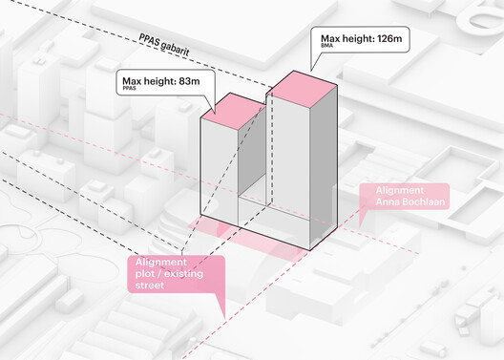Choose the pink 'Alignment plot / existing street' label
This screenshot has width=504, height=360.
click(173, 272)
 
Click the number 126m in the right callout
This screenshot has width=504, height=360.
click(391, 37)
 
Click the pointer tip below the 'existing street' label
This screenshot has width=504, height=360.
click(223, 316)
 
